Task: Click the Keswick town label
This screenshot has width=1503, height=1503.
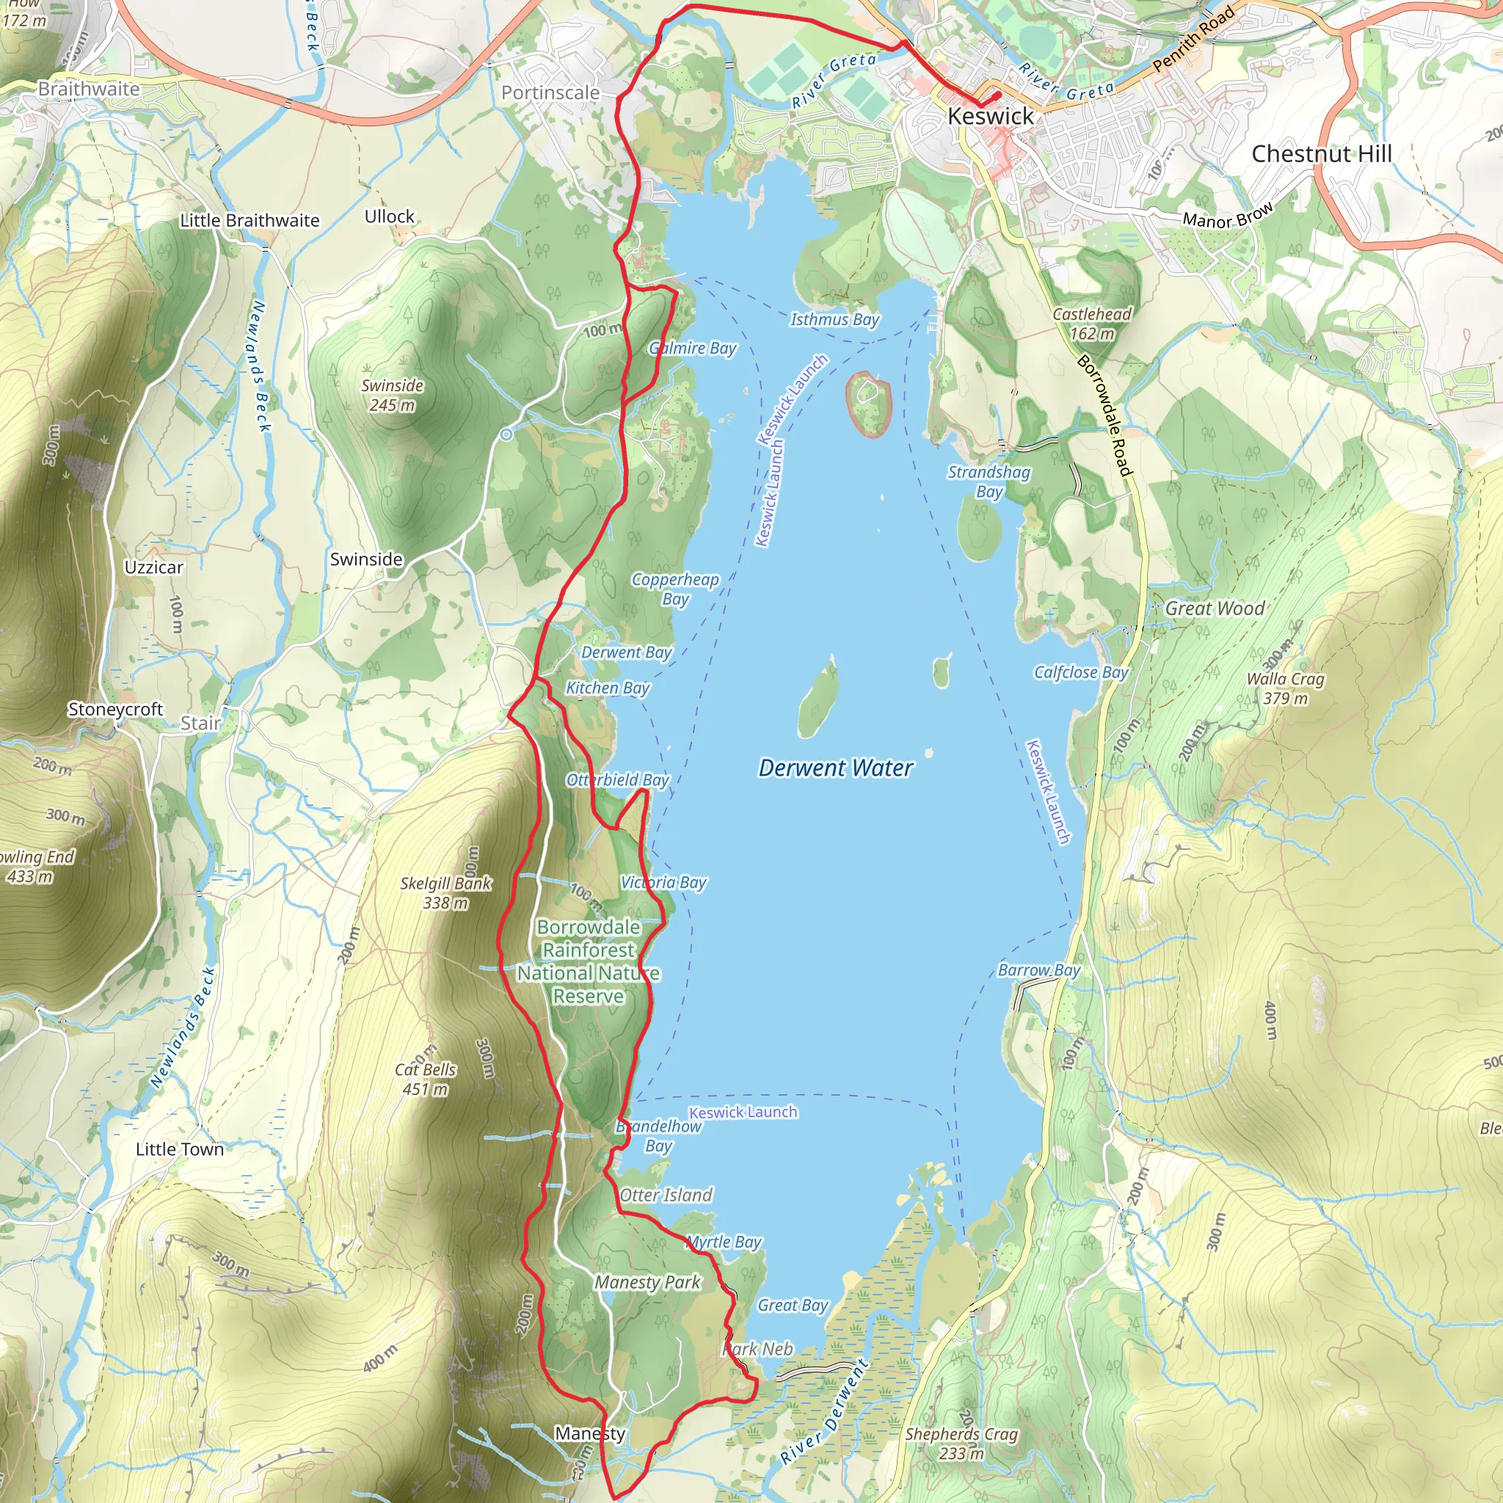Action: tap(990, 117)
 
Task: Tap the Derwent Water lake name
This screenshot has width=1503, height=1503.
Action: tap(835, 768)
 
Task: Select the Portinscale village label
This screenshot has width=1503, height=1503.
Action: tap(550, 92)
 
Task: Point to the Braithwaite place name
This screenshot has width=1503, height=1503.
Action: tap(89, 89)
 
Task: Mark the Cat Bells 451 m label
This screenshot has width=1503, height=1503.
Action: tap(425, 1079)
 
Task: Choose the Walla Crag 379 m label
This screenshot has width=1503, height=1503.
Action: tap(1285, 688)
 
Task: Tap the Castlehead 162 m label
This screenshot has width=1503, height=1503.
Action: tap(1091, 324)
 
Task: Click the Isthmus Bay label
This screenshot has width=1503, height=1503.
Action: tap(834, 319)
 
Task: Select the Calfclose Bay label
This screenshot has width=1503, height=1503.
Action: tap(1080, 672)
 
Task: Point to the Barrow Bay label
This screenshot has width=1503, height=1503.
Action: tap(1038, 970)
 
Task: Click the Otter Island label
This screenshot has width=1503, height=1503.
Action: tap(666, 1195)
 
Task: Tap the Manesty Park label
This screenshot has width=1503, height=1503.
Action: tap(647, 1282)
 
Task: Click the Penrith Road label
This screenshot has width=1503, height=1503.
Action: tap(1193, 38)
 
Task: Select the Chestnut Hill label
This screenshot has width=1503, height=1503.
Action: tap(1322, 154)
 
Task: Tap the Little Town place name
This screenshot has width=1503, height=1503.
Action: tap(180, 1149)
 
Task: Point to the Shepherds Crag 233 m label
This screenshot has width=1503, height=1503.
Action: tap(961, 1443)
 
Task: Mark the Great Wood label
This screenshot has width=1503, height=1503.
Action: tap(1215, 608)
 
